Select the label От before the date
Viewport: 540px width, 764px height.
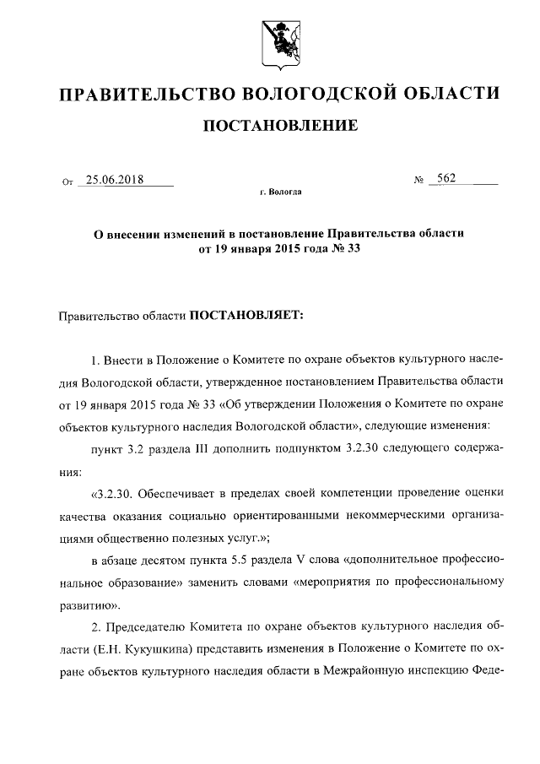tap(68, 182)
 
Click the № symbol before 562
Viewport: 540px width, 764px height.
tap(418, 181)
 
